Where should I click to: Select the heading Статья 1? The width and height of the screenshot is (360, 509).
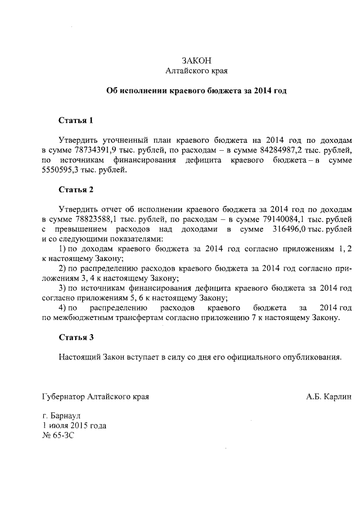point(75,120)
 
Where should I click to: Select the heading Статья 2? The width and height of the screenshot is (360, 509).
point(75,189)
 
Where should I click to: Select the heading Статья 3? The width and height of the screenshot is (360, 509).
point(75,337)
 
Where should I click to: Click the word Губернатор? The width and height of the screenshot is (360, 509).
point(64,397)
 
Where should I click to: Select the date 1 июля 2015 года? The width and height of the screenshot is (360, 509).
point(74,425)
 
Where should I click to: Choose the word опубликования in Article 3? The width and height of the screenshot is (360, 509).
point(312,357)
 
